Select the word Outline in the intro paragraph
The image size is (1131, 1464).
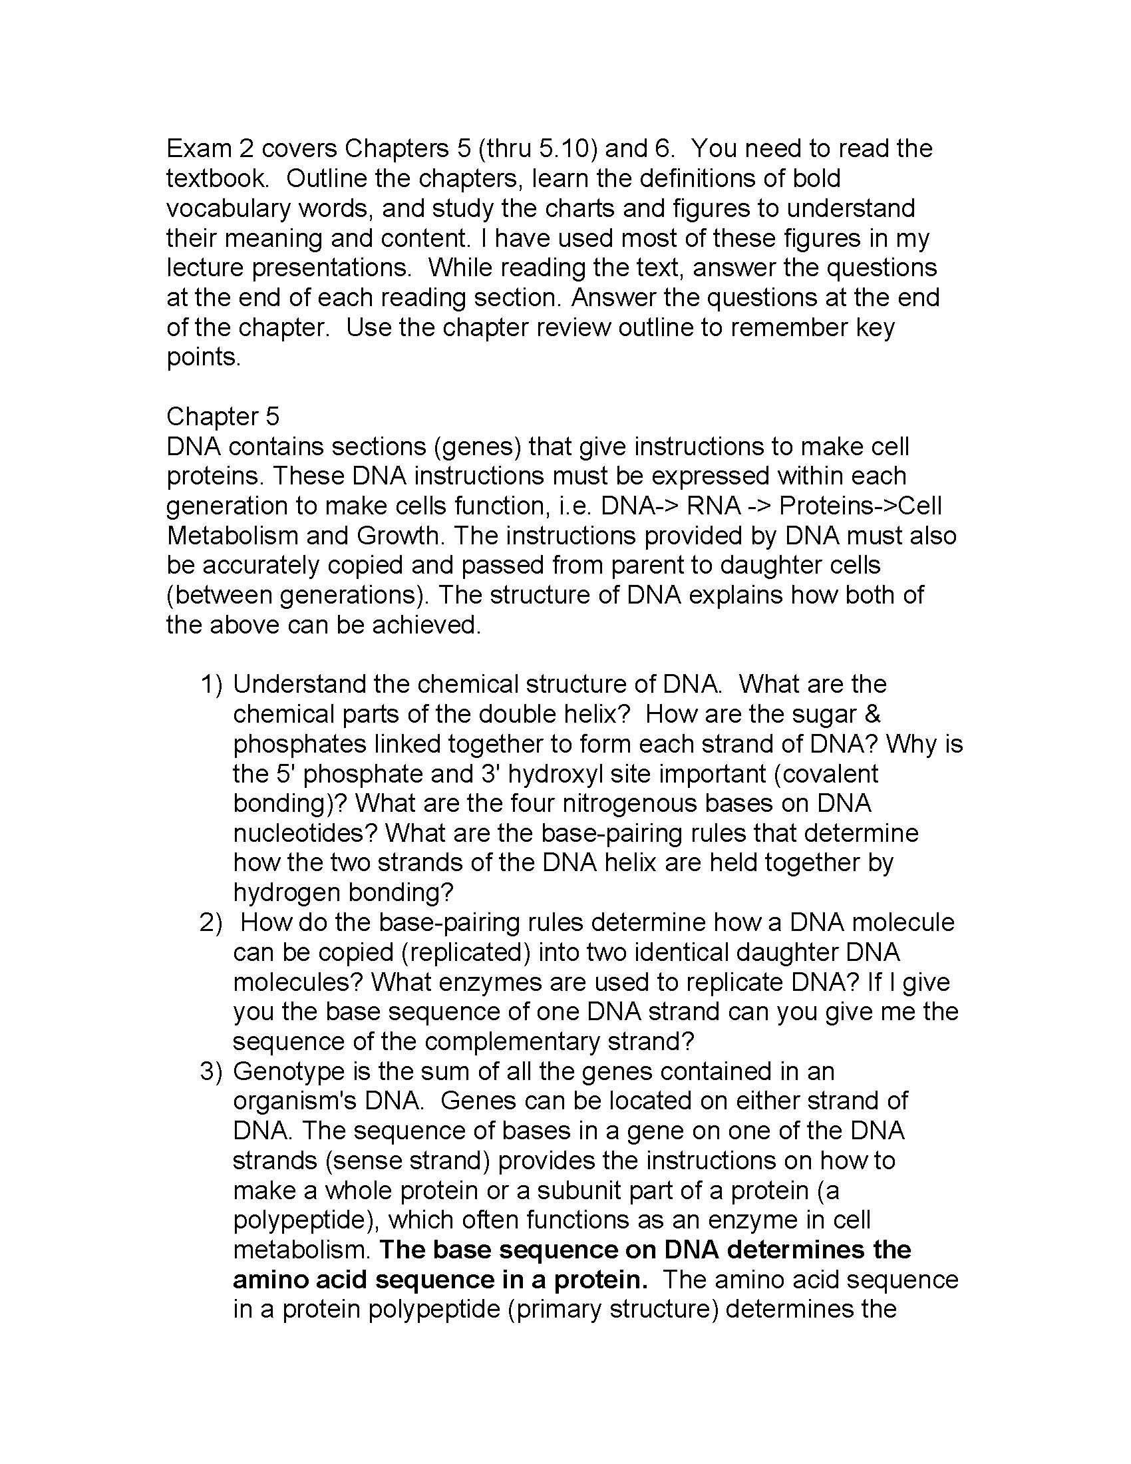[325, 178]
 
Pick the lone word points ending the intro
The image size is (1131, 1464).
[202, 357]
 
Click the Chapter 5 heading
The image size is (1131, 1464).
[222, 417]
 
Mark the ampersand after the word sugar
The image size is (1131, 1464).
[873, 714]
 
